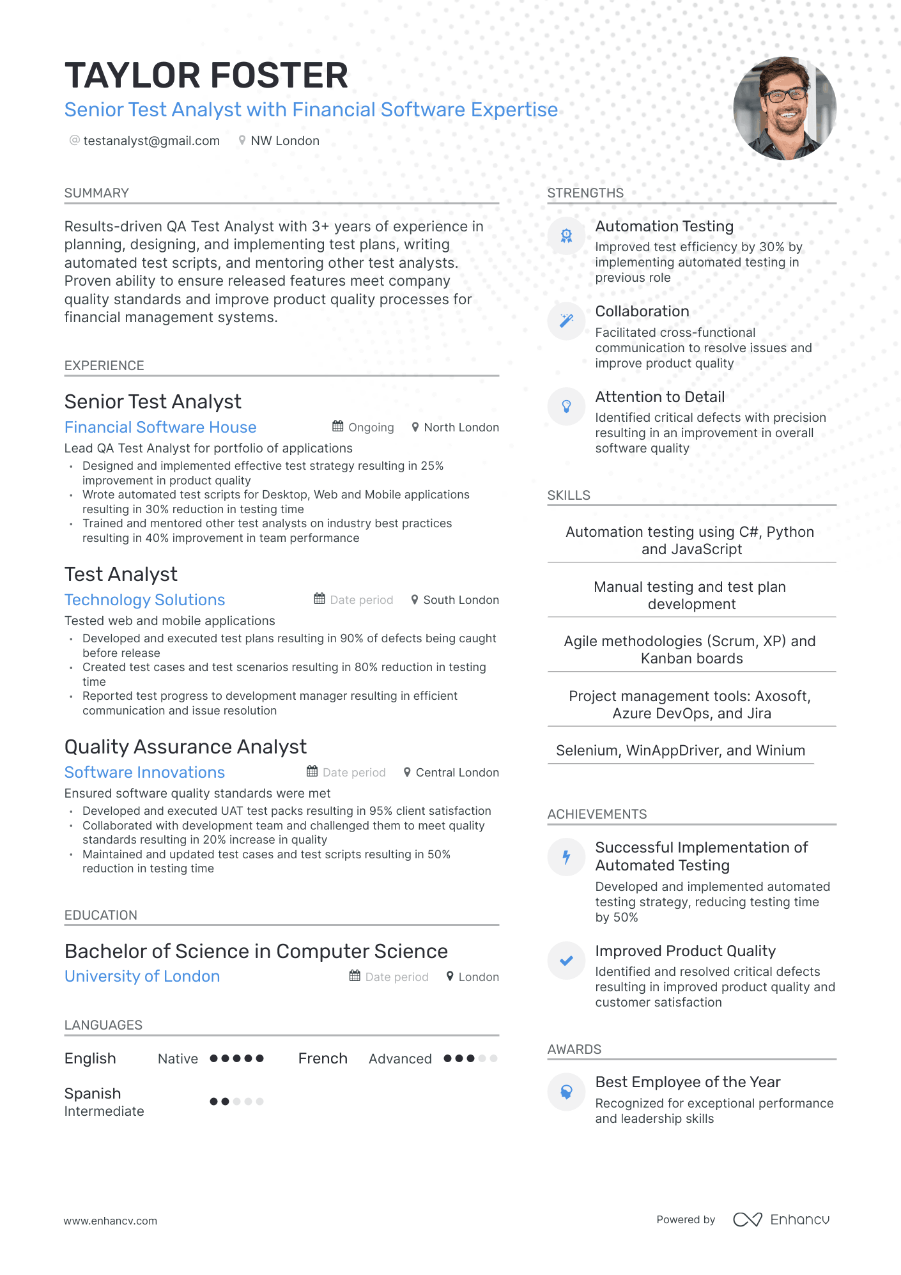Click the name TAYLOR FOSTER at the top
click(206, 75)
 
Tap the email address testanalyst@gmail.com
click(151, 141)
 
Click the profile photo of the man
click(785, 108)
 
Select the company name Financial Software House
click(160, 427)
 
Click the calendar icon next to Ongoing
click(338, 426)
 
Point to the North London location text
click(461, 428)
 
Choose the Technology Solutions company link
click(145, 599)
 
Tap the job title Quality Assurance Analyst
click(185, 746)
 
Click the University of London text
click(142, 976)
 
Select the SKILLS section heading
click(569, 495)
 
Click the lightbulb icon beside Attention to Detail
click(566, 406)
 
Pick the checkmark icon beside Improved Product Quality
click(566, 961)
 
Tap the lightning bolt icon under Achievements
click(566, 857)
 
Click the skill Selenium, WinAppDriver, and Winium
click(681, 750)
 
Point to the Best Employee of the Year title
click(688, 1082)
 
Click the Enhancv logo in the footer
click(781, 1219)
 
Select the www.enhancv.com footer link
click(111, 1221)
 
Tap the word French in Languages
click(323, 1058)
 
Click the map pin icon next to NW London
click(242, 141)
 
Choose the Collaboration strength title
click(642, 311)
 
